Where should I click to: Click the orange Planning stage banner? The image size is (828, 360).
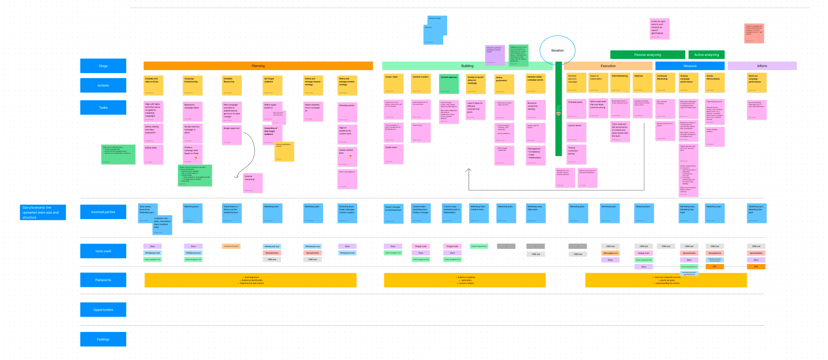(x=258, y=66)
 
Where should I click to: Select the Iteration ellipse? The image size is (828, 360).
(x=557, y=50)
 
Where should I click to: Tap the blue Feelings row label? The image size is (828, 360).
(x=103, y=339)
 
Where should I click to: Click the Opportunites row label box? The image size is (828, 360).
(x=103, y=310)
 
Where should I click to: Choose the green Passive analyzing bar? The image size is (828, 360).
(x=647, y=55)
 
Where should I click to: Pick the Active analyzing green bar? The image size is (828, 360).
(x=706, y=55)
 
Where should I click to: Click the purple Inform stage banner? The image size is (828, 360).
(x=762, y=66)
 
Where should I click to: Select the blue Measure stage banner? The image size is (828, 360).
(x=690, y=66)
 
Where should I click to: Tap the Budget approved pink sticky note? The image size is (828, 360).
(x=232, y=135)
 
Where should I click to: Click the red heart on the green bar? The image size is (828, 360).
(x=558, y=114)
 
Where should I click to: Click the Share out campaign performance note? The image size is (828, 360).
(x=757, y=83)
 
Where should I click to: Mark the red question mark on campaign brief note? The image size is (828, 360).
(x=195, y=158)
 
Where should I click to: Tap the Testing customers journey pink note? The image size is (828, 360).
(x=576, y=154)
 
